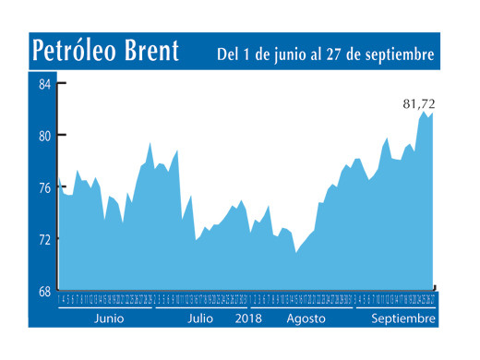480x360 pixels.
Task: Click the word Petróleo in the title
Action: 74,53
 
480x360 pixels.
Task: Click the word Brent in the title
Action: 150,53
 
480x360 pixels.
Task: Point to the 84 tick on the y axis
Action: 43,85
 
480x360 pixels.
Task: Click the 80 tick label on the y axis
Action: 43,136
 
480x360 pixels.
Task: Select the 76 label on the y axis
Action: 43,187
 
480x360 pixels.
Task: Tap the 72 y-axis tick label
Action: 43,239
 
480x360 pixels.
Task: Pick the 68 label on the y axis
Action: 43,292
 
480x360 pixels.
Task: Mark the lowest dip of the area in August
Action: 295,252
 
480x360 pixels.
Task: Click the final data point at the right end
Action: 434,113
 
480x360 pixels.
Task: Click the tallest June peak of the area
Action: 150,142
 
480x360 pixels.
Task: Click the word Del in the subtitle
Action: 230,55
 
